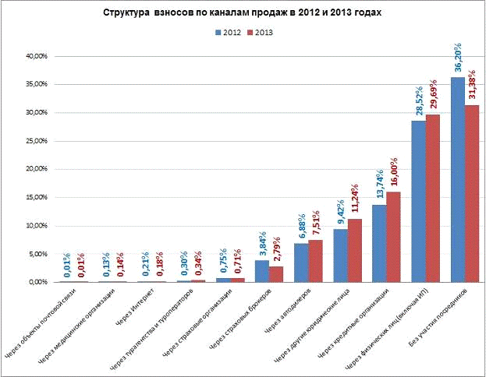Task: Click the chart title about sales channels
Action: (242, 15)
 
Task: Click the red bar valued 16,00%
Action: (393, 237)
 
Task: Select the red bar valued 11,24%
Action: (354, 250)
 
